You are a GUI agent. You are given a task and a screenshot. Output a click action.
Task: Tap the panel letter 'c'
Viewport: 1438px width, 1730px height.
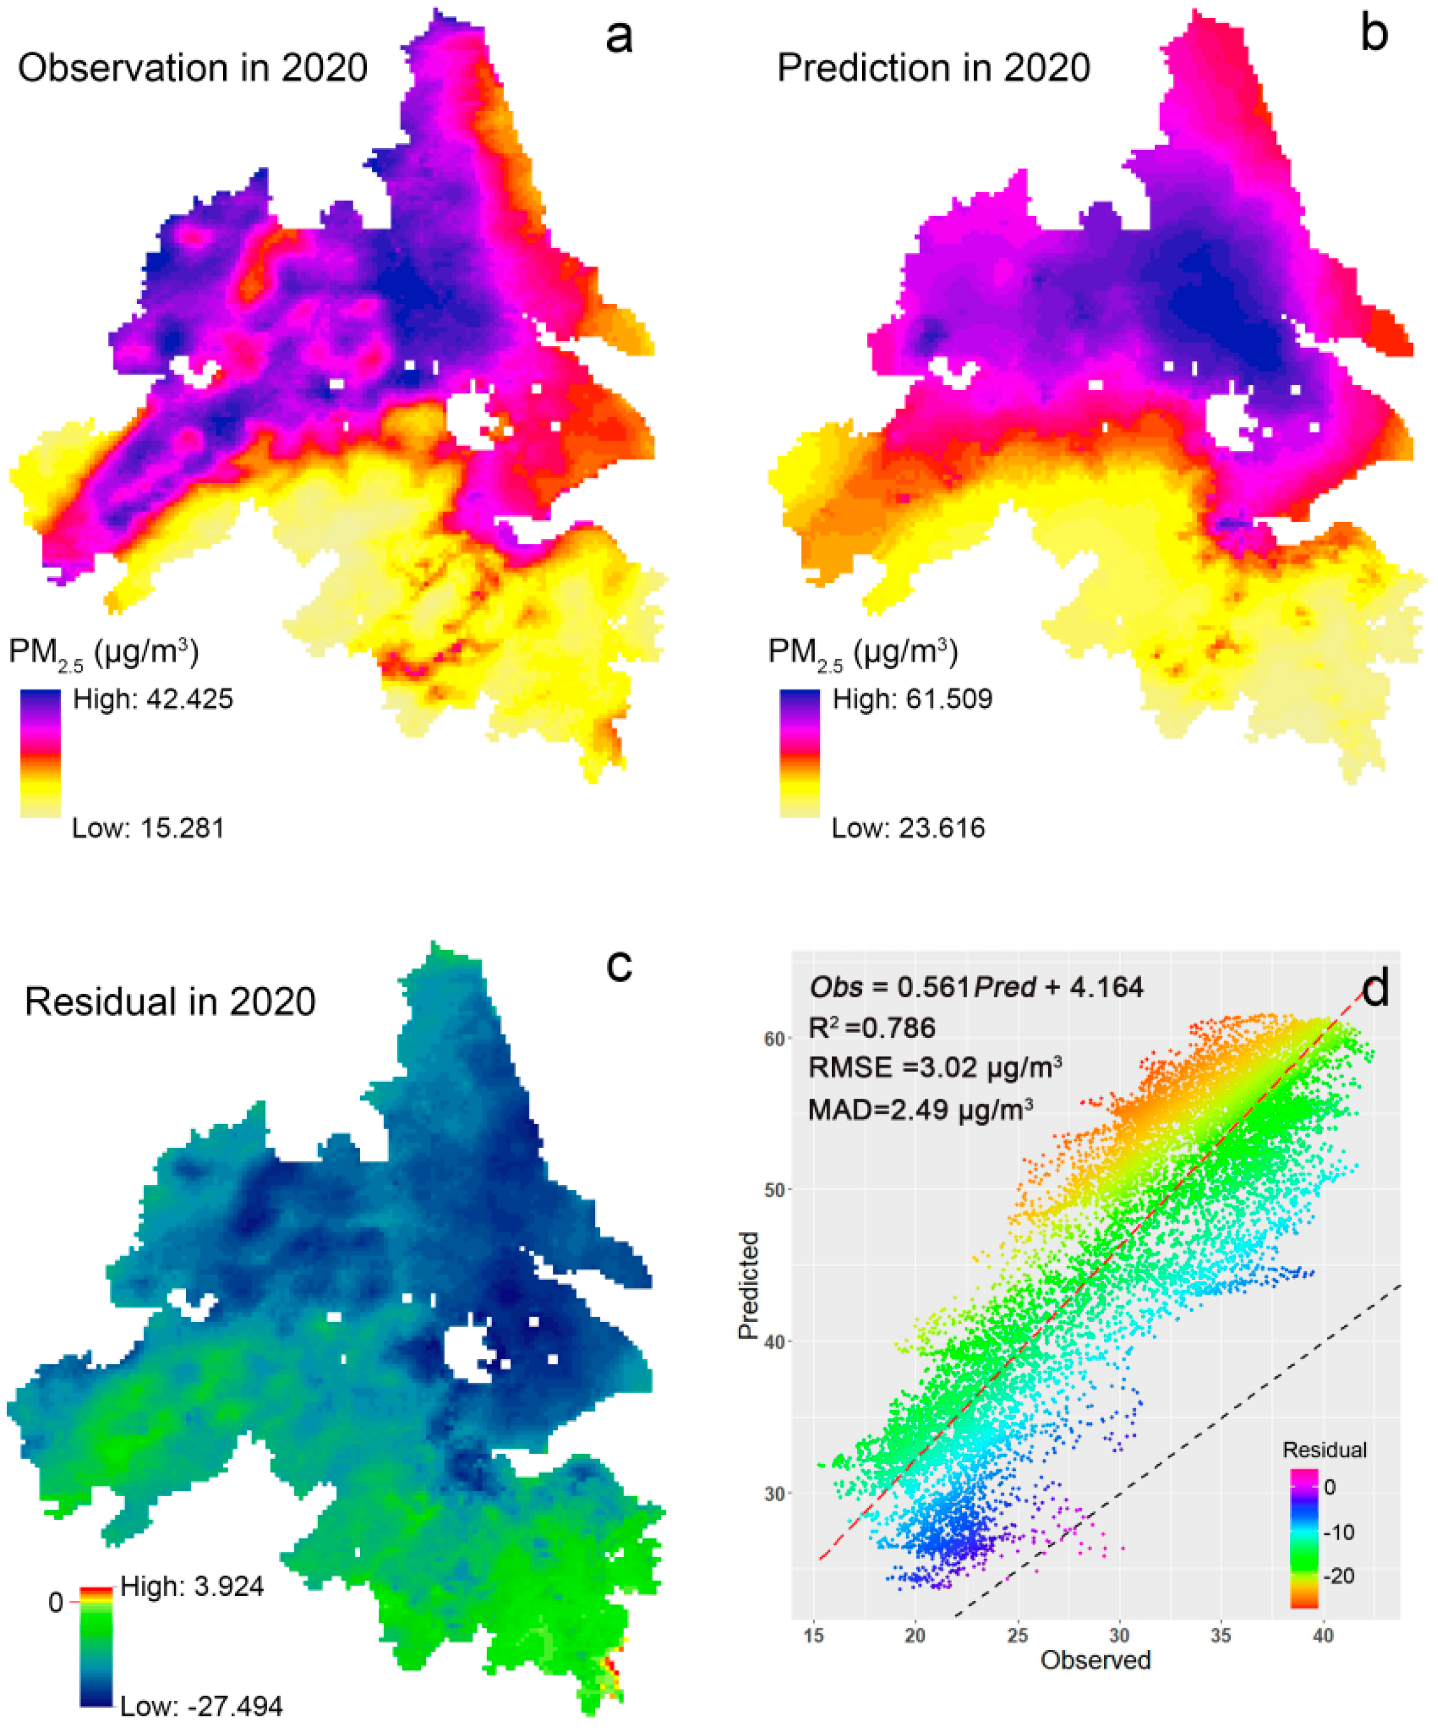tap(619, 965)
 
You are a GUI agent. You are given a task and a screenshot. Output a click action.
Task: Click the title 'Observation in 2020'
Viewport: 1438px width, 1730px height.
tap(193, 68)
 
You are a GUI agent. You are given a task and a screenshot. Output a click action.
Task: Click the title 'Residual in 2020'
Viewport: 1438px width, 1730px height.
tap(170, 1002)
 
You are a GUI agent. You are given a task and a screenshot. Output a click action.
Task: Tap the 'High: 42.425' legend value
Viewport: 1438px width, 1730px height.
tap(153, 699)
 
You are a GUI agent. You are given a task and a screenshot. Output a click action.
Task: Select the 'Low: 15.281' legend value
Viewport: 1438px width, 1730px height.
tap(148, 827)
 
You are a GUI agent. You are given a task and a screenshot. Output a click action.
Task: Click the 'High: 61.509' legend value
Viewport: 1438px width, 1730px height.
tap(912, 699)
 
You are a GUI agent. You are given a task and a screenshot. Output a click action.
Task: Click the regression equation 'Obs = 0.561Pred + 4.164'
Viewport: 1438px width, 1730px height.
tap(976, 987)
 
